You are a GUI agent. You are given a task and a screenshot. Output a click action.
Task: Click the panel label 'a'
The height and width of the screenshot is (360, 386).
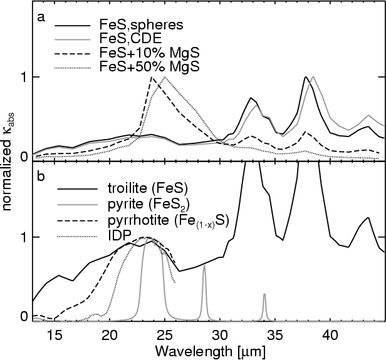coord(41,17)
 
